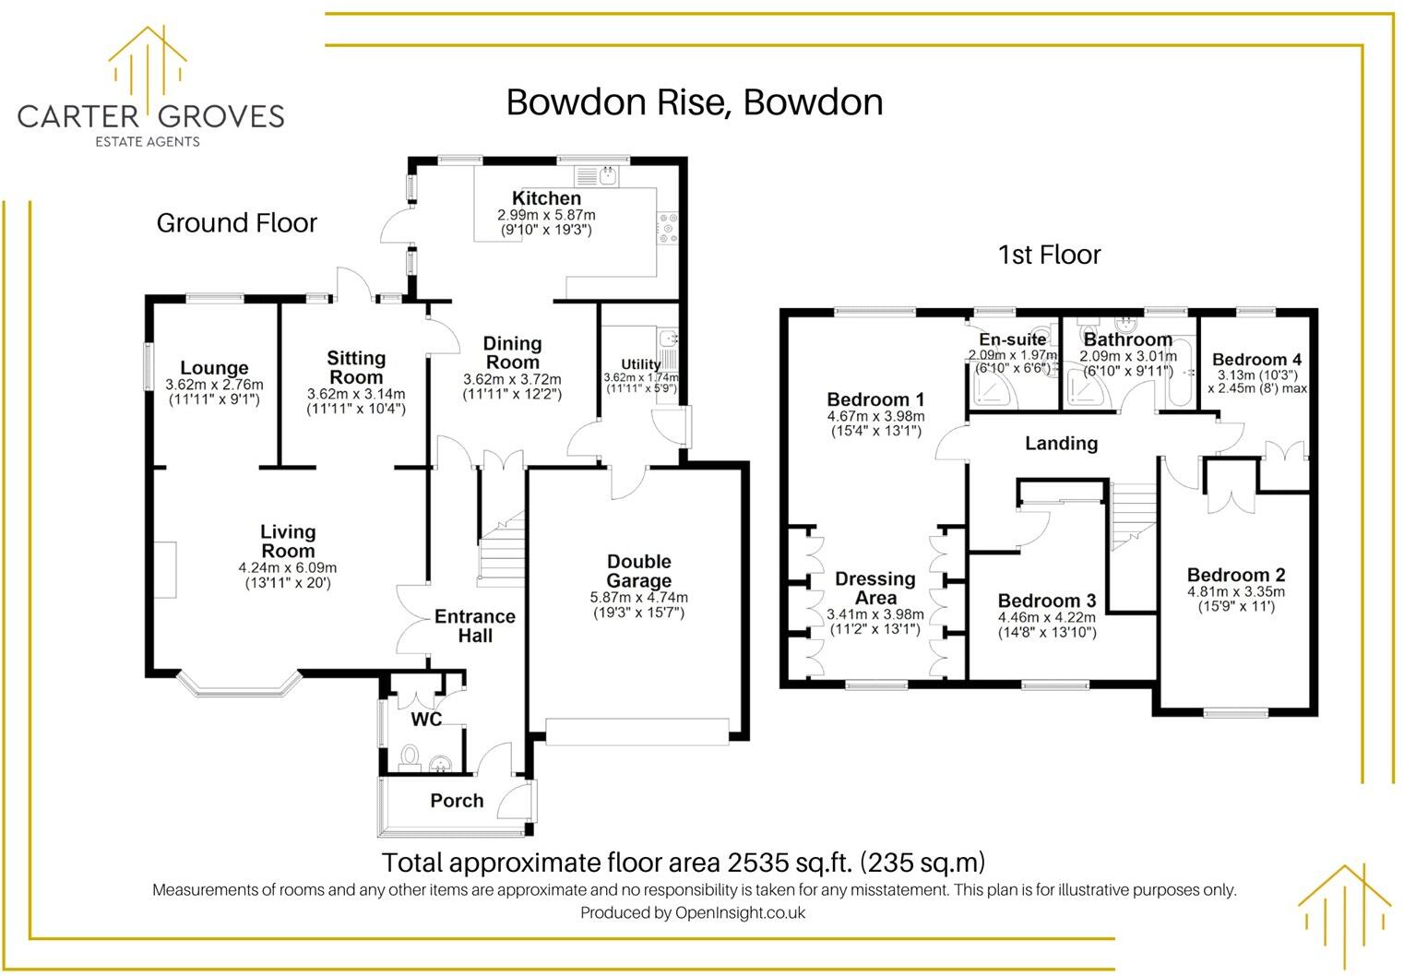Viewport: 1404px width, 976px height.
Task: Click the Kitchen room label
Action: [546, 198]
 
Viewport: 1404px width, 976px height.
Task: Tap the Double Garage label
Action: [638, 571]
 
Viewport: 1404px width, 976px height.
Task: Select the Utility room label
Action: [640, 364]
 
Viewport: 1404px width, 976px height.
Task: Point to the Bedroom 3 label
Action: [1046, 601]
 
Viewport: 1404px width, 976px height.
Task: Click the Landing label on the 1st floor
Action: [1061, 444]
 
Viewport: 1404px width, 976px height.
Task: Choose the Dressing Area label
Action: [875, 589]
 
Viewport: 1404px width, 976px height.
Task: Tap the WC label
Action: [426, 720]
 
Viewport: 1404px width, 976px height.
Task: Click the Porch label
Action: [457, 801]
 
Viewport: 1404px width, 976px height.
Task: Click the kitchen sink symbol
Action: [608, 173]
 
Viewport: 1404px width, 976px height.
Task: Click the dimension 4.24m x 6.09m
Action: [287, 568]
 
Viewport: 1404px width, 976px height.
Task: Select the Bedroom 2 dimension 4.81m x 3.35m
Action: [1235, 592]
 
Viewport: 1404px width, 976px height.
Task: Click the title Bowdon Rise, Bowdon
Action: [694, 102]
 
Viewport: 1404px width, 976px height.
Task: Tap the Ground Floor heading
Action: [236, 223]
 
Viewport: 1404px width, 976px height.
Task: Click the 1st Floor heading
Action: [1049, 255]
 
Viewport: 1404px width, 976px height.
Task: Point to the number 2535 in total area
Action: [758, 863]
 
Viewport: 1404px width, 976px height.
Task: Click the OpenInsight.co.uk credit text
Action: [740, 913]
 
